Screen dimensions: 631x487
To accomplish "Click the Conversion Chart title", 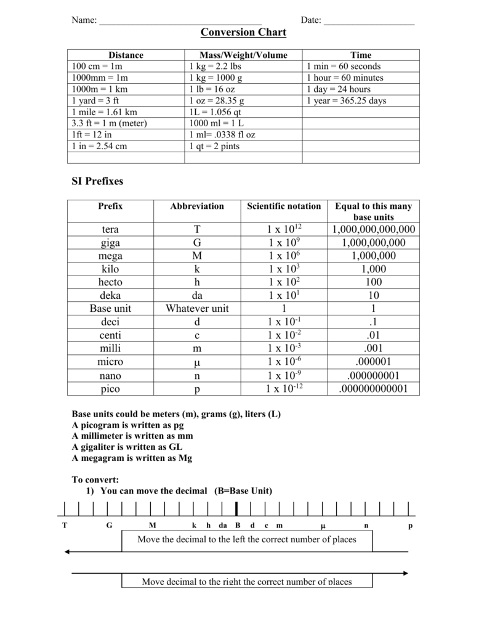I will click(243, 32).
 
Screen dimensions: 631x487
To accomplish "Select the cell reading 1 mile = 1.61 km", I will click(105, 112).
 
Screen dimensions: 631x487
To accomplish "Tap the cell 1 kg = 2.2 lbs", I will click(215, 66).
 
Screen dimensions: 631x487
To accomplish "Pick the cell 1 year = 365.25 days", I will click(346, 100).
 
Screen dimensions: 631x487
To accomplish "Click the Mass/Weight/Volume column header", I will click(243, 55).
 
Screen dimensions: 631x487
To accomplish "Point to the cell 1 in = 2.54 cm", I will click(99, 146).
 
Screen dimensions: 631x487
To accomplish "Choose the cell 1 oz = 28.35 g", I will click(217, 100).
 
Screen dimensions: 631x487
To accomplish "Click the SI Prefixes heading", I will click(98, 181).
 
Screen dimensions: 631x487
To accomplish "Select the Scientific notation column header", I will click(284, 206).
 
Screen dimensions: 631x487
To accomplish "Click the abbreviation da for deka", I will click(197, 295).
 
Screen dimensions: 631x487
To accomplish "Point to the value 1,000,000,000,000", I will click(374, 229).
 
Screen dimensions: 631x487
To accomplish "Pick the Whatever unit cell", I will click(197, 308).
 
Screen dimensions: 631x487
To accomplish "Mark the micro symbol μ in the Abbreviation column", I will click(197, 362).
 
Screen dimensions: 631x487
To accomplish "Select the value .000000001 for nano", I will click(374, 375).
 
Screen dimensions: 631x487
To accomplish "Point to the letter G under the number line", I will click(110, 526).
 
